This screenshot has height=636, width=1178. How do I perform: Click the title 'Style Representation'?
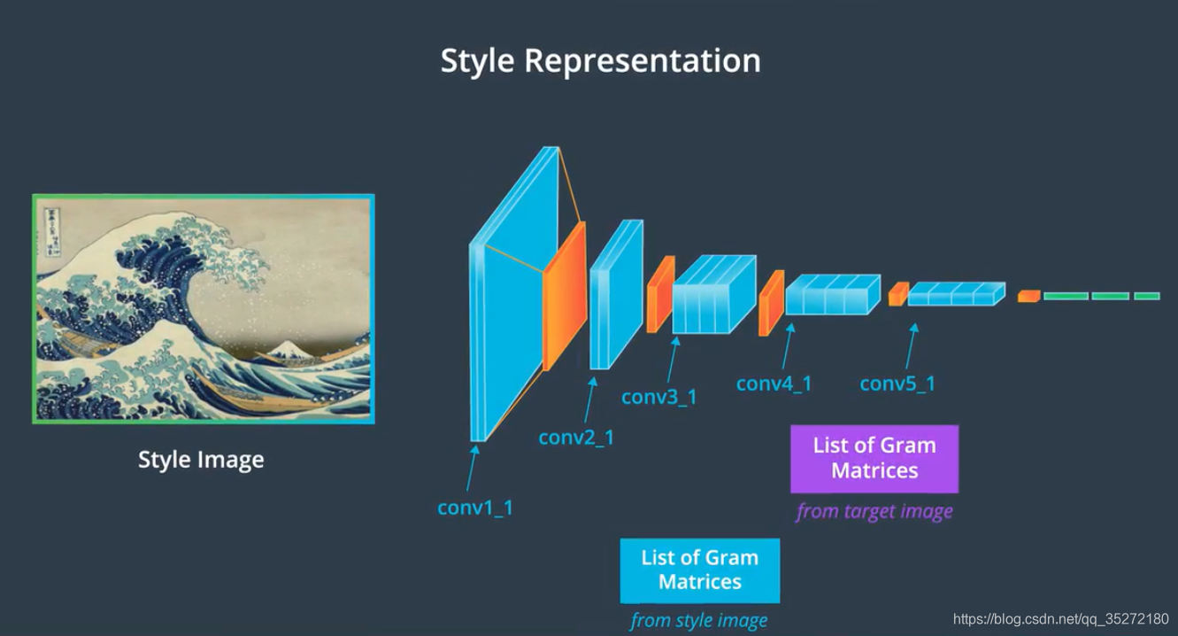[600, 61]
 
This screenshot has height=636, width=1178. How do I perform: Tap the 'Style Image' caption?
[201, 460]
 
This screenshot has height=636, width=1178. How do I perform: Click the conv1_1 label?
[475, 508]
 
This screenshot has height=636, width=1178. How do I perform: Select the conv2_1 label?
[576, 437]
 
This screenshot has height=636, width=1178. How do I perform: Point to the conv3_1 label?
[658, 396]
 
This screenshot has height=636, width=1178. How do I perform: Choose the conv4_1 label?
[774, 384]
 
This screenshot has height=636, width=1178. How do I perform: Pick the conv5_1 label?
[897, 384]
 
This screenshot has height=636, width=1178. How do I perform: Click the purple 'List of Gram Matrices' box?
[874, 458]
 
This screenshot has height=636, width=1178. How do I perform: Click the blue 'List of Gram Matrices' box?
[699, 570]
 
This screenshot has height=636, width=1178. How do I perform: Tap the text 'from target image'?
[874, 511]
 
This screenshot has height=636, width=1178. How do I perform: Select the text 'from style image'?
[698, 620]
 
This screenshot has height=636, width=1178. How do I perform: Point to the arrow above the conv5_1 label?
[911, 345]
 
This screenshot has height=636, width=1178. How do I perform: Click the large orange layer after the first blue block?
[564, 296]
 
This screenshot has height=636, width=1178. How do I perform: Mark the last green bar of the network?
[1146, 296]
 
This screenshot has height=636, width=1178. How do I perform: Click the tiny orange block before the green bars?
[1028, 296]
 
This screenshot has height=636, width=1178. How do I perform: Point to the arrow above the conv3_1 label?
[673, 359]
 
